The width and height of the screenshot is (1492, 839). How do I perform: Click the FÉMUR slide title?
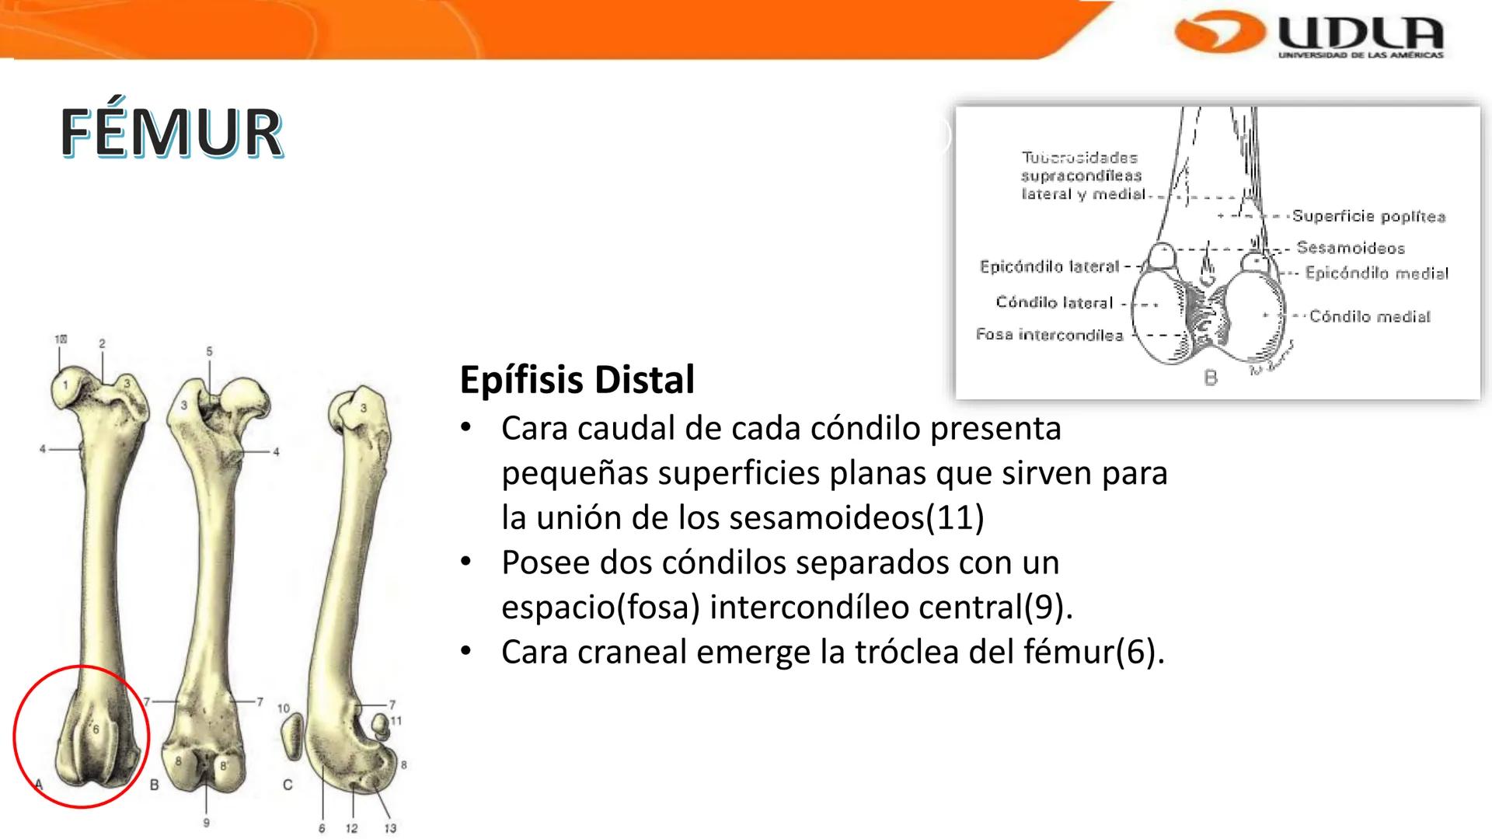[171, 134]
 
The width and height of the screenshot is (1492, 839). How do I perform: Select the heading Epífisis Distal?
[577, 380]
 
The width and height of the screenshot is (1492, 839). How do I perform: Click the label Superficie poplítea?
[1368, 216]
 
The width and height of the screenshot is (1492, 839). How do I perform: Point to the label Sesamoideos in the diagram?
[1351, 248]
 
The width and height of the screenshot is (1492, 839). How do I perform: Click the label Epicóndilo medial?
[1376, 273]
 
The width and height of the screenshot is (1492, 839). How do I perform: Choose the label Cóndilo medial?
[1369, 316]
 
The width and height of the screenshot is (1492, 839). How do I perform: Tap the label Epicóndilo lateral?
[1049, 266]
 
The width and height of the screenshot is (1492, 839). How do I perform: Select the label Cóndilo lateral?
[1054, 302]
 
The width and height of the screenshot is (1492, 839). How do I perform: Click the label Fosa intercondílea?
[1049, 335]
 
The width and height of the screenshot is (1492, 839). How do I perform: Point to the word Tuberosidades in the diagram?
[1079, 158]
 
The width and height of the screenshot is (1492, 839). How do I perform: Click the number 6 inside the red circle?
[96, 729]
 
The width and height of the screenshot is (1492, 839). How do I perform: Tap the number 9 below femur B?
[206, 822]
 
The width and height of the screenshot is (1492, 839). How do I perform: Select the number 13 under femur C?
[390, 828]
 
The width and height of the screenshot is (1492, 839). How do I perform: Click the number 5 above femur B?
[209, 351]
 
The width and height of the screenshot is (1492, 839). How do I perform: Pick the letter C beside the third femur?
[288, 785]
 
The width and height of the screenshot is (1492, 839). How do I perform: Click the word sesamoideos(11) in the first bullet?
[857, 517]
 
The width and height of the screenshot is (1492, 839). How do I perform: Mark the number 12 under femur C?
[351, 828]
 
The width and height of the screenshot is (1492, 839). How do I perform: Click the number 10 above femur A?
[61, 339]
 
